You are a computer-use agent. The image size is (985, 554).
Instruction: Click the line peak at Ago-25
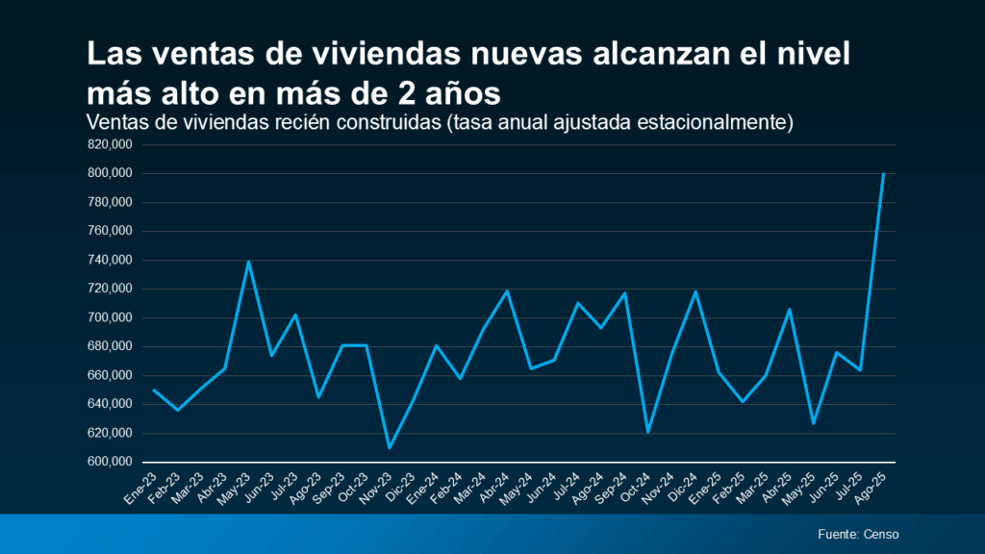883,174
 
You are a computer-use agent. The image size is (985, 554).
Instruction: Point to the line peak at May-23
248,261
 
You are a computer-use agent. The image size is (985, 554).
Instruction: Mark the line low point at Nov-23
390,448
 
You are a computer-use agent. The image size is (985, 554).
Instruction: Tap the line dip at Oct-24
648,432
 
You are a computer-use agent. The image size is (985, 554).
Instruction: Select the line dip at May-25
813,423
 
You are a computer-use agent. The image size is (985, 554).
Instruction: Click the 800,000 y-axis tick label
110,174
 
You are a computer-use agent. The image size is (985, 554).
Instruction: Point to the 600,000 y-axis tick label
110,462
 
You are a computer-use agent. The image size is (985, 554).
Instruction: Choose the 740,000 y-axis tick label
110,261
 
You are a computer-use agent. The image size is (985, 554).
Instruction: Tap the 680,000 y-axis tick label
110,346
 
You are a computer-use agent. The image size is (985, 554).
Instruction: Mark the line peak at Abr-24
507,290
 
